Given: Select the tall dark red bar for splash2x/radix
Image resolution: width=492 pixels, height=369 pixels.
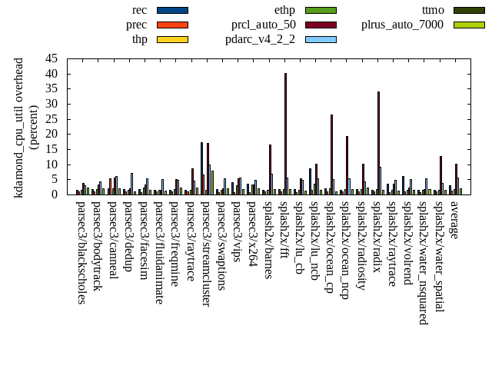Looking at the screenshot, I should pyautogui.click(x=378, y=143).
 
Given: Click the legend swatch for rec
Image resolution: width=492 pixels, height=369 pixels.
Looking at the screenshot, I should pyautogui.click(x=172, y=10).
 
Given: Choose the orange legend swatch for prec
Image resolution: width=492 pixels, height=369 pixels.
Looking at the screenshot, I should pyautogui.click(x=172, y=25).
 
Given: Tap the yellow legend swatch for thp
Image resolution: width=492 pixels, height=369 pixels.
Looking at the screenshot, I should pyautogui.click(x=172, y=39).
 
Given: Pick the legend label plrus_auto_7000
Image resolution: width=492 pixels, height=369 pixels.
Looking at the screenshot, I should pyautogui.click(x=402, y=25).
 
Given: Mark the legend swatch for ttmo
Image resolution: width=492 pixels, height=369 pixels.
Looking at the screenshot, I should pyautogui.click(x=468, y=10).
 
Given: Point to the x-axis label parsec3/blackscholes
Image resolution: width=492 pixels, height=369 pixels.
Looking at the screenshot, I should pyautogui.click(x=81, y=251).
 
